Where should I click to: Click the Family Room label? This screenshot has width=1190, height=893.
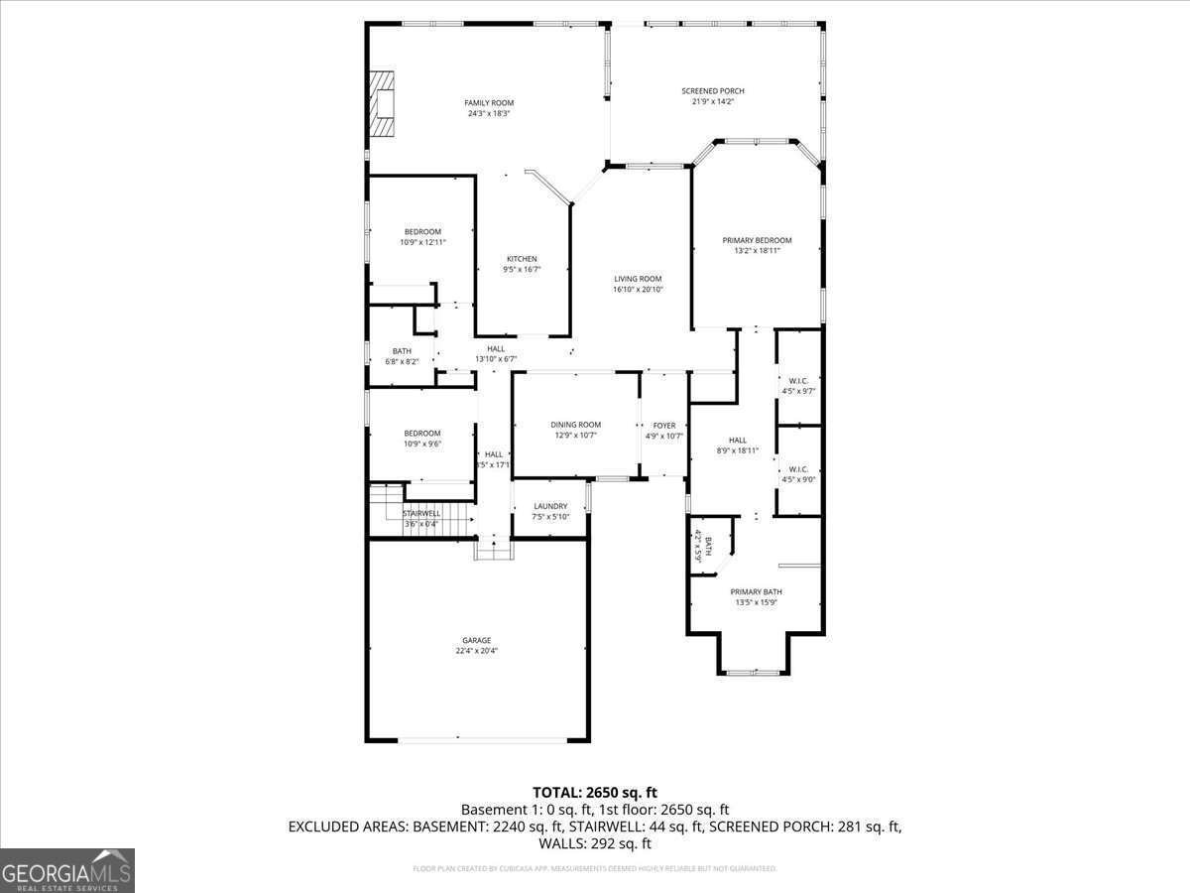click(489, 103)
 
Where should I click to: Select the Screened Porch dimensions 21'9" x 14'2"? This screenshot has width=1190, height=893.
click(712, 101)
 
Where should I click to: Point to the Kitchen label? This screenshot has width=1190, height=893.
click(522, 259)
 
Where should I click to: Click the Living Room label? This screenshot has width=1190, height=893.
click(638, 279)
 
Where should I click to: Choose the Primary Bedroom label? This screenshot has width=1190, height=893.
click(757, 240)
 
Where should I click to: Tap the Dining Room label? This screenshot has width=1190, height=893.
click(575, 425)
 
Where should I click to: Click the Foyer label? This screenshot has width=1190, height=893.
click(663, 426)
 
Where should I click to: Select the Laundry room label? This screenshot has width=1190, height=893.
click(550, 506)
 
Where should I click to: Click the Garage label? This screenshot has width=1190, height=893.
click(476, 640)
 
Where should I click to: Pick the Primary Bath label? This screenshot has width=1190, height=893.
click(758, 591)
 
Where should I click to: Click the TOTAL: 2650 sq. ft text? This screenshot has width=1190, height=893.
click(594, 792)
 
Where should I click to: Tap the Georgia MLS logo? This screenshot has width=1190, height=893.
click(67, 870)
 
